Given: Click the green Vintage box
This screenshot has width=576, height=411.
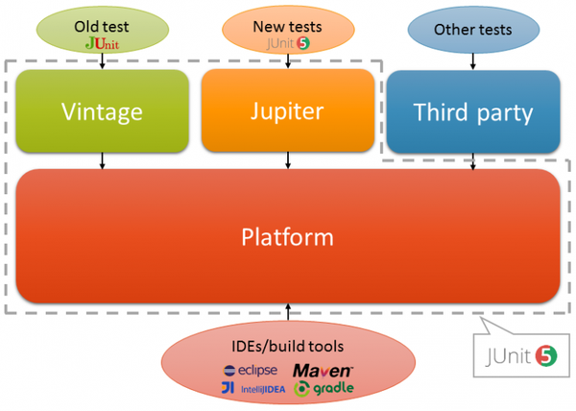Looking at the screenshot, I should [102, 111].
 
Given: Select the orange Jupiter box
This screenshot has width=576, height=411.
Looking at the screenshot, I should [288, 111].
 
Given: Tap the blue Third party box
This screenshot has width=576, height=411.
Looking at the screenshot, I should [472, 111].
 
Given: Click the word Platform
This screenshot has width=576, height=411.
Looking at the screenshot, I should [288, 236].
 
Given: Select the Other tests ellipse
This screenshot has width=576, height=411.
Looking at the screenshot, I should [472, 30].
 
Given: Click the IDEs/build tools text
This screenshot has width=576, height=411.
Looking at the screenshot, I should [288, 347].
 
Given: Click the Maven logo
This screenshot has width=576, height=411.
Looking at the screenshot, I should [324, 370].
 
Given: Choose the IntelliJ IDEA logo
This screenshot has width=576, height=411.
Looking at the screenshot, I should [252, 388].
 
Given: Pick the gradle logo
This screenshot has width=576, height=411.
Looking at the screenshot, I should [324, 388].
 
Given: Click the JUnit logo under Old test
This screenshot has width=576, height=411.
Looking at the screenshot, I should [103, 43].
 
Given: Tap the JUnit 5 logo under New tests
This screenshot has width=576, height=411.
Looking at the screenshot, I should [288, 43].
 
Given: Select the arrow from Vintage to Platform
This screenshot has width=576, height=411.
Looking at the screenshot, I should [102, 160].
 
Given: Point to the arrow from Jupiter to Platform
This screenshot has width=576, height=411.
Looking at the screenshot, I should [288, 160].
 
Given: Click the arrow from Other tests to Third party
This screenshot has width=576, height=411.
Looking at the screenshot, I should [472, 60].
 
